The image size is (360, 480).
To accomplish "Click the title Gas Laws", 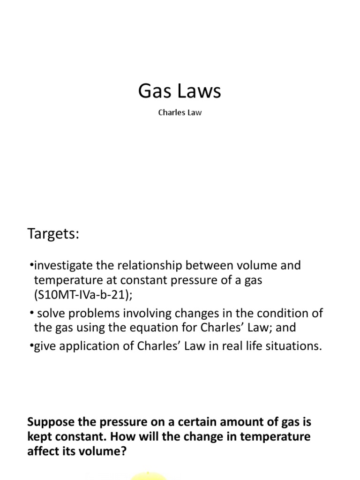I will (x=180, y=91).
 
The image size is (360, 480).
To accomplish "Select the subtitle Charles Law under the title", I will (x=180, y=113).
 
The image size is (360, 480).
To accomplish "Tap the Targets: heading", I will (x=53, y=234).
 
